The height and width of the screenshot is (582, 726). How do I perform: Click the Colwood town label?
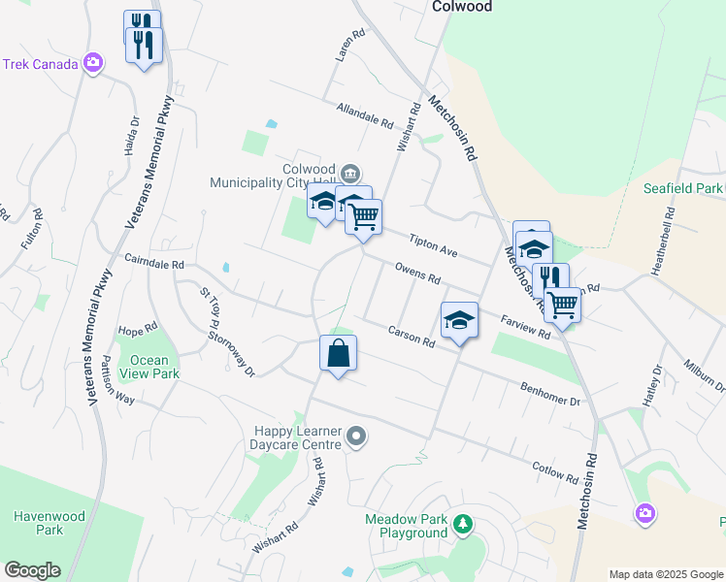[x=461, y=7]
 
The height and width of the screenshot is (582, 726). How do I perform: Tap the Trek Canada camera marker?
[x=93, y=64]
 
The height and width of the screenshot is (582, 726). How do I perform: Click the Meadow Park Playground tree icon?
[x=463, y=525]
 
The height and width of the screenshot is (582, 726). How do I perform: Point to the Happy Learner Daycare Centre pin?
[x=356, y=437]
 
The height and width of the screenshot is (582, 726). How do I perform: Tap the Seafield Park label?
[x=683, y=188]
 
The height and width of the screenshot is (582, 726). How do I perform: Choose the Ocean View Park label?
[x=148, y=367]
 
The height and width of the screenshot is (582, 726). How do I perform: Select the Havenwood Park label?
[x=36, y=523]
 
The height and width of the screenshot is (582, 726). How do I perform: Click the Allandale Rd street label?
[x=364, y=117]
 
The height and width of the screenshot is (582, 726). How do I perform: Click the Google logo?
[x=32, y=570]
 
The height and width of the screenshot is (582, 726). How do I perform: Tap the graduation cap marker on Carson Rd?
[x=460, y=321]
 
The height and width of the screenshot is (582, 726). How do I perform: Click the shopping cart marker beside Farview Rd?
[x=563, y=305]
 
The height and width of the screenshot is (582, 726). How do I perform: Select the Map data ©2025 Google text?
[x=665, y=574]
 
